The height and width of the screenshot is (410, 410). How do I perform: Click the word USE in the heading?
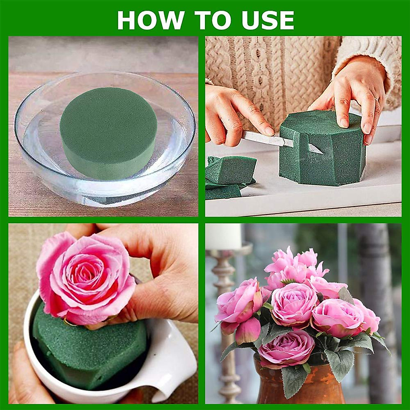tap(267, 20)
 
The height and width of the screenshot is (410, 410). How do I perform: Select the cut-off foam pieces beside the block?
tap(229, 176)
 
